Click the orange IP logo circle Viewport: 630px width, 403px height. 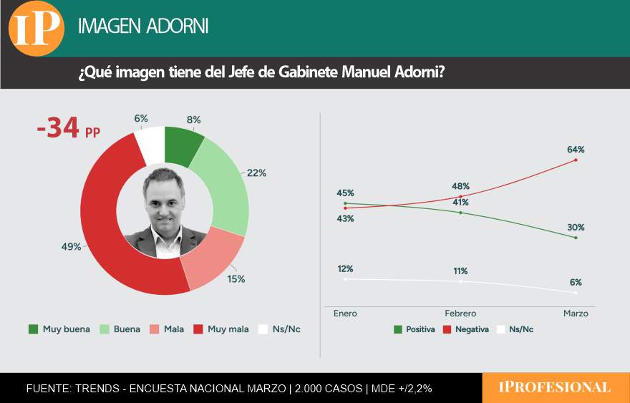pyautogui.click(x=37, y=28)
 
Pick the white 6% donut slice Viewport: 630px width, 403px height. pyautogui.click(x=150, y=143)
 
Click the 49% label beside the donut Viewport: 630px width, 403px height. pyautogui.click(x=71, y=247)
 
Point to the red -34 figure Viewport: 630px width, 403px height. pyautogui.click(x=58, y=130)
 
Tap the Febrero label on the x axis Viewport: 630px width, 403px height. pyautogui.click(x=460, y=314)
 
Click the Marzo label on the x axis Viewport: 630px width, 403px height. pyautogui.click(x=576, y=314)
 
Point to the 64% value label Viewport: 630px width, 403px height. pyautogui.click(x=576, y=150)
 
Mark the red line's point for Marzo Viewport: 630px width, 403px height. pyautogui.click(x=576, y=160)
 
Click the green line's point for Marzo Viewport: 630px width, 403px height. pyautogui.click(x=576, y=238)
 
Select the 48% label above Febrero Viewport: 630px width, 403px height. pyautogui.click(x=460, y=185)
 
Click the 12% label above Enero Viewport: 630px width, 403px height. pyautogui.click(x=345, y=268)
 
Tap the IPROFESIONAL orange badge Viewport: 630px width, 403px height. pyautogui.click(x=555, y=387)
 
